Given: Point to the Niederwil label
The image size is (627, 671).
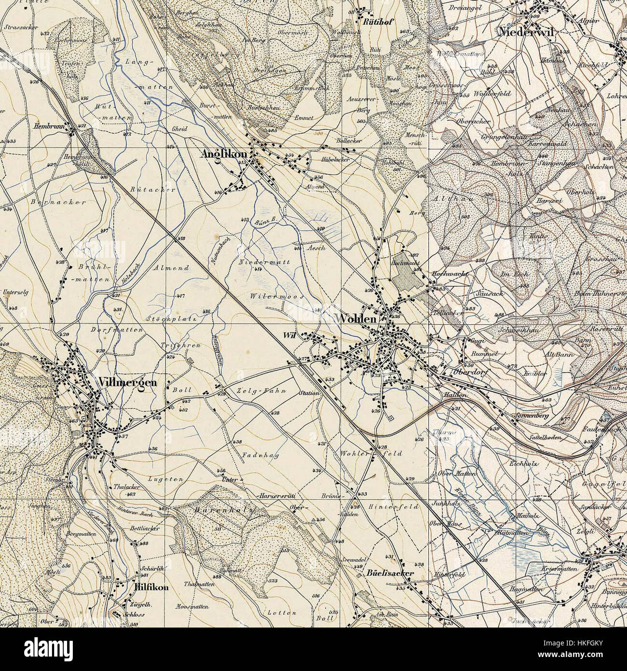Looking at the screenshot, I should (x=529, y=32).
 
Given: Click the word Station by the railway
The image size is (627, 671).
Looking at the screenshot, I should (x=309, y=393).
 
